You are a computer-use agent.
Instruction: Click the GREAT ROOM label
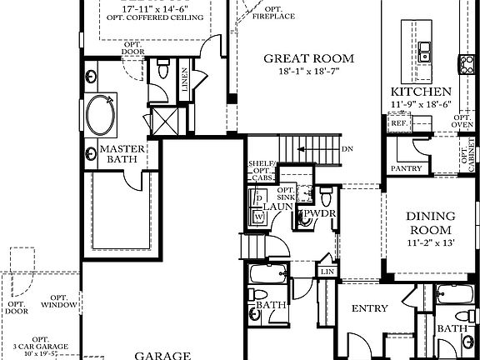(x=308, y=58)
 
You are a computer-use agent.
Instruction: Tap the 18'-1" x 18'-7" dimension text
(x=308, y=72)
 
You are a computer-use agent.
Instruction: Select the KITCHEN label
(x=422, y=91)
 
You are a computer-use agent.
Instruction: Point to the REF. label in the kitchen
(x=398, y=122)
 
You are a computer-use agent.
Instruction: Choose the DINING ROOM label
(x=429, y=222)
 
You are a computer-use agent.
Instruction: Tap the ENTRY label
(x=370, y=308)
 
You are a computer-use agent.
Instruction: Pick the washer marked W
(x=258, y=217)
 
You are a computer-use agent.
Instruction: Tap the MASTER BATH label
(x=123, y=155)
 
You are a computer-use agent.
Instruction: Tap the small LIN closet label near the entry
(x=327, y=272)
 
